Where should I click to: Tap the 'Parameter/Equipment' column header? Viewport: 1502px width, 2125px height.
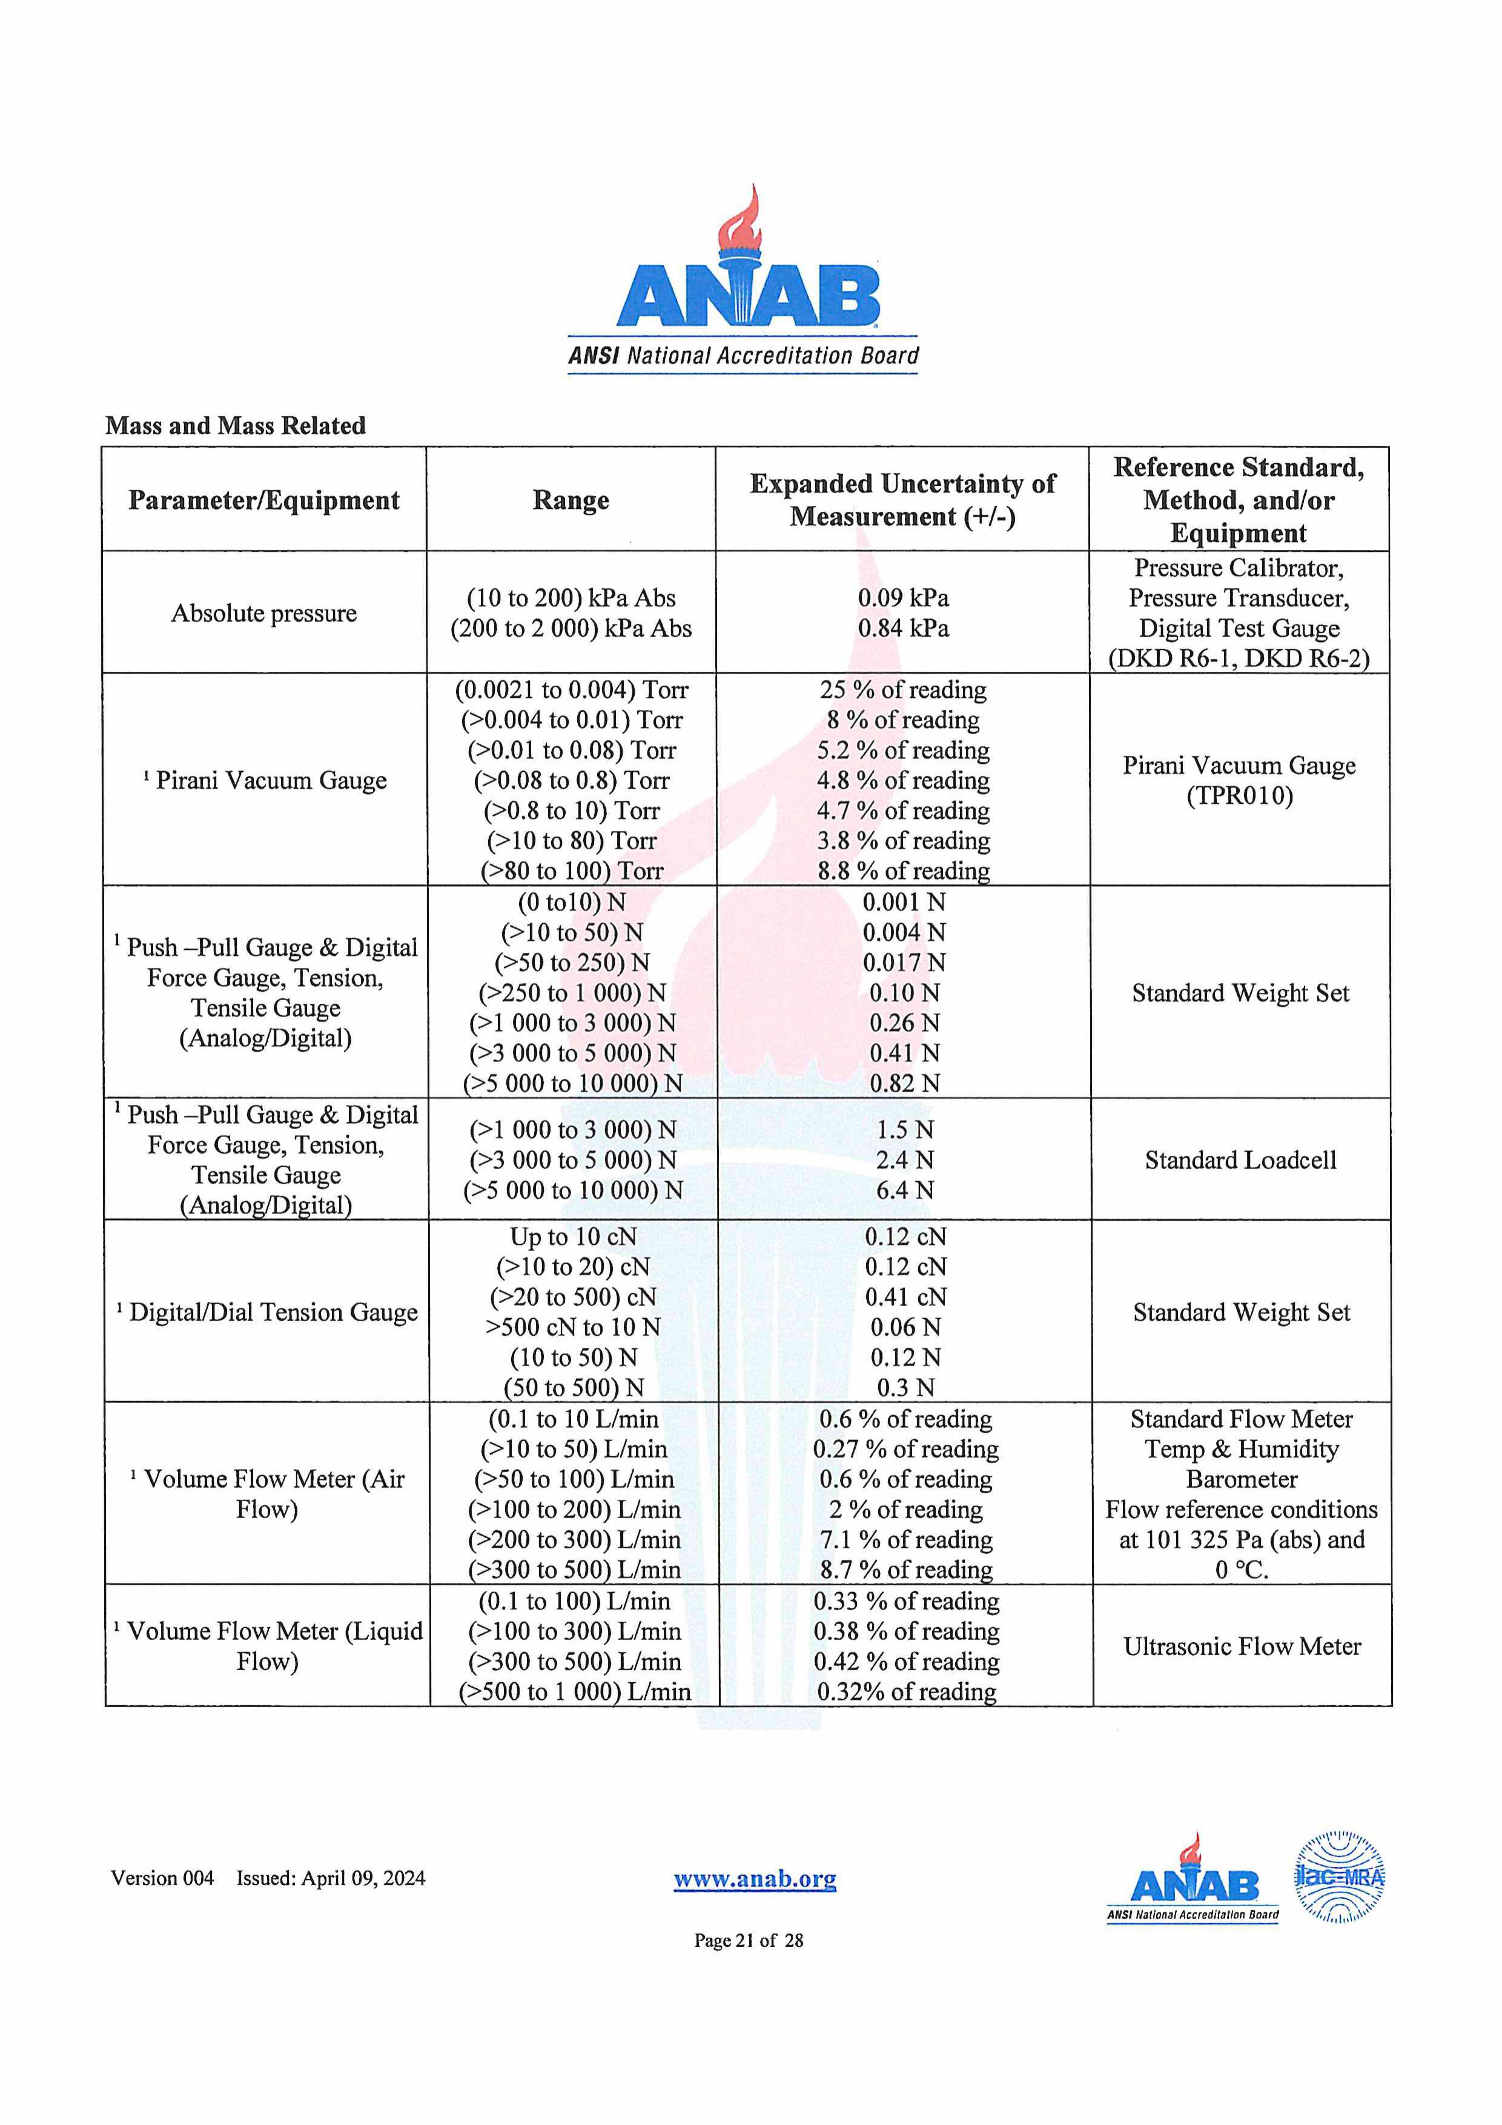pos(263,501)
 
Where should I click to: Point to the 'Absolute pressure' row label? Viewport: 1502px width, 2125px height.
pos(263,614)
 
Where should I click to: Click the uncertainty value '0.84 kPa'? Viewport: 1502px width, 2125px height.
pos(902,628)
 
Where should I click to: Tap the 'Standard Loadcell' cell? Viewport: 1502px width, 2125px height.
pos(1240,1161)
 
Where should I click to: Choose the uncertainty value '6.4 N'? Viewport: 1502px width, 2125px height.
pos(904,1190)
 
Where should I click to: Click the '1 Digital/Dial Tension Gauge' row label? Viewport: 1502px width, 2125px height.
pos(268,1313)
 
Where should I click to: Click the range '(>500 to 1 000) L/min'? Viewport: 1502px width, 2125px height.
pos(575,1692)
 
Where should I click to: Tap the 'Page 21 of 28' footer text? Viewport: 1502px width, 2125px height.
pos(749,1941)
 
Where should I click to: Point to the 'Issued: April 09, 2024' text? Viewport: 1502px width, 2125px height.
pos(331,1878)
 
